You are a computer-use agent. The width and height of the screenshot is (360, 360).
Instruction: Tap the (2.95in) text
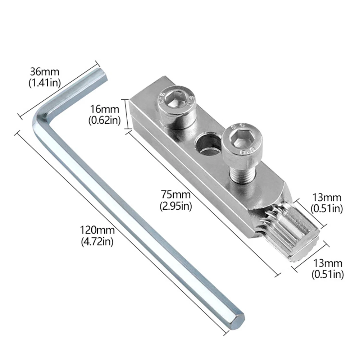(176, 207)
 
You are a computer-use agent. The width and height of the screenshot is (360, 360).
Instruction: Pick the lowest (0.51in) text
(327, 274)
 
